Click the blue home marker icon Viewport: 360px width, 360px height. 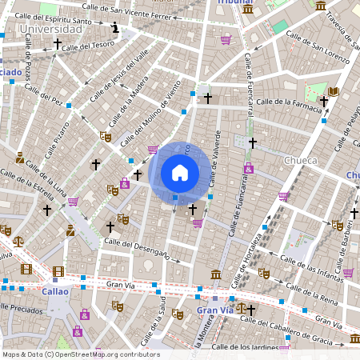[x=180, y=173]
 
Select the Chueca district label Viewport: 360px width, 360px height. [x=301, y=160]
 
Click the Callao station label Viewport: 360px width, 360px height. [x=55, y=292]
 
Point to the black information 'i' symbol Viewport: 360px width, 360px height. [x=116, y=28]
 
